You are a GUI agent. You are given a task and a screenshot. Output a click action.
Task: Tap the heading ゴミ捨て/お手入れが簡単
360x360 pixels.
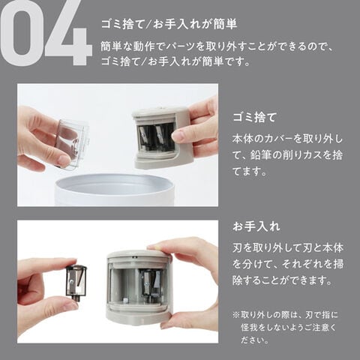169,25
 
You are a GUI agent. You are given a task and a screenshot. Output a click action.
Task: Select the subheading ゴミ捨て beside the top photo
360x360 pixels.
254,117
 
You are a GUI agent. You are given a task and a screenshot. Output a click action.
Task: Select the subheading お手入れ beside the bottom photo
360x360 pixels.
256,226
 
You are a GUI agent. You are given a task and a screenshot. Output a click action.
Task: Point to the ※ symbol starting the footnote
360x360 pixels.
236,314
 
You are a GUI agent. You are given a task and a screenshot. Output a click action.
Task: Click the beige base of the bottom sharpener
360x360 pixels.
138,316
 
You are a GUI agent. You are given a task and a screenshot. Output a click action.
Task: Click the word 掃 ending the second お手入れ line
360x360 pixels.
338,264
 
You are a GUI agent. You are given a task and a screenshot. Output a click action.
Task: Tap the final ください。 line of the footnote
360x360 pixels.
255,340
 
